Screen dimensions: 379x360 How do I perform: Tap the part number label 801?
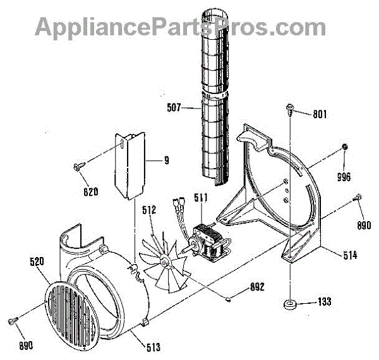point(320,114)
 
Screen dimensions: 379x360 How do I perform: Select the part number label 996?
point(344,176)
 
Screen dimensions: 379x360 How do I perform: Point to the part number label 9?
point(166,160)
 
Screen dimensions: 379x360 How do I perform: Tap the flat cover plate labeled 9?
point(129,164)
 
